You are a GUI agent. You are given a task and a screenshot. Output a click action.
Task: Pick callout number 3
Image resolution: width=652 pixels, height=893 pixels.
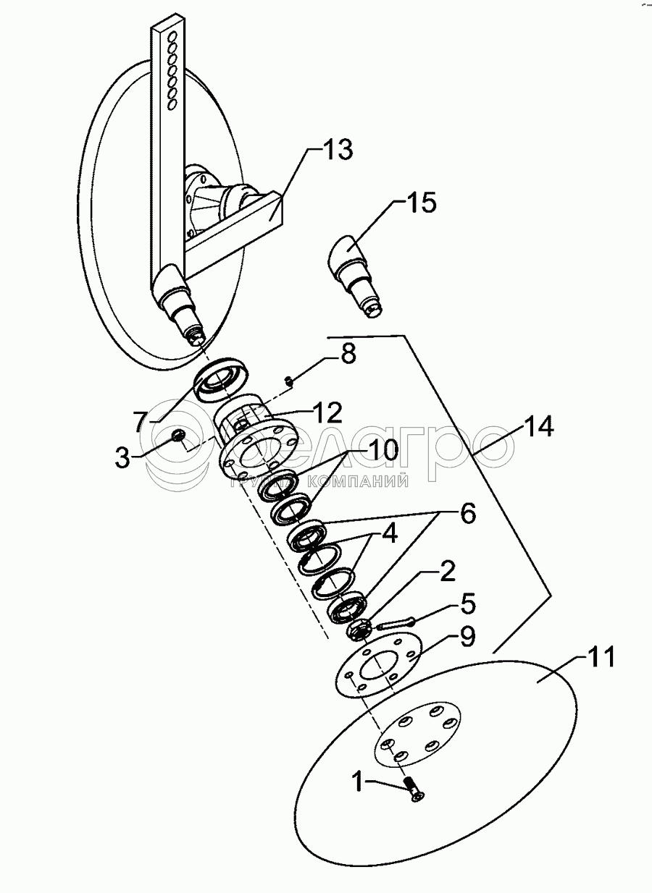[123, 457]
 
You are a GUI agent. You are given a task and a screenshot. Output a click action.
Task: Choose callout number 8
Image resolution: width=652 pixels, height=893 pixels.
[348, 356]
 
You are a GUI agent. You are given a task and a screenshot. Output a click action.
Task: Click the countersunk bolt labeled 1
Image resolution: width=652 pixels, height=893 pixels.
[414, 788]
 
